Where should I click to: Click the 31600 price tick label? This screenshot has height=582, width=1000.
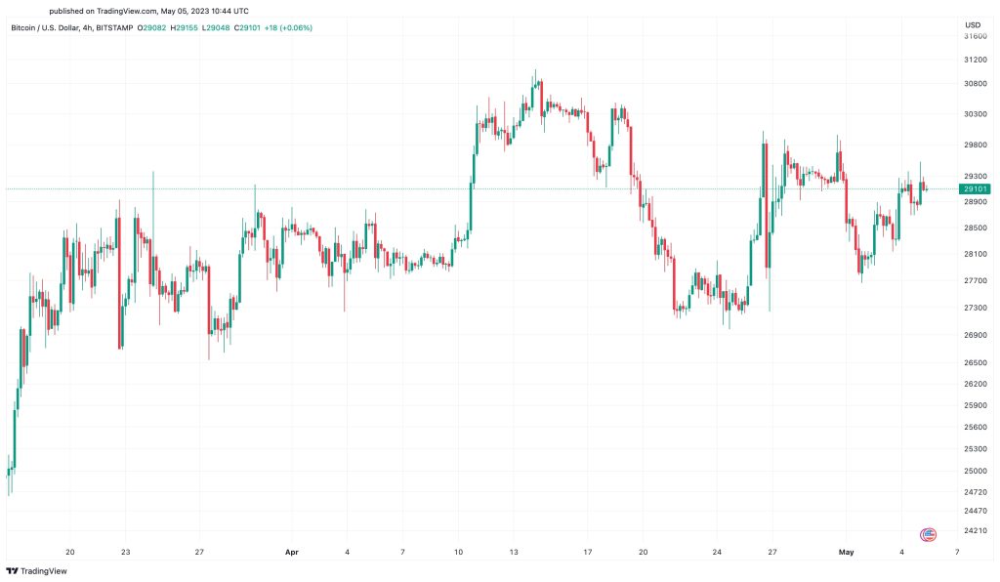pos(974,36)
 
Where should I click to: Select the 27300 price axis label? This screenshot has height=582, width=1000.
pos(974,308)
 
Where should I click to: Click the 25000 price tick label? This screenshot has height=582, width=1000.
pos(974,471)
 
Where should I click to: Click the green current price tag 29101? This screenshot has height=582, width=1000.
pos(976,188)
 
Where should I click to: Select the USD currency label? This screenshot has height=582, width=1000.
pos(973,24)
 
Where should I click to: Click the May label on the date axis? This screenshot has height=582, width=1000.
pos(847,552)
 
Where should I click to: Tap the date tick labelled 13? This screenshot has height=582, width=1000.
pos(514,552)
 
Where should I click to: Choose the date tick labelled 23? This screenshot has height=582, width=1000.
pos(126,552)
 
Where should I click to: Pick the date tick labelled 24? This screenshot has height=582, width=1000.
pos(717,552)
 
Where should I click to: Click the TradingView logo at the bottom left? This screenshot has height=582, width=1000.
pos(29,570)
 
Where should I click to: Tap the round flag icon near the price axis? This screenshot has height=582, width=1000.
pos(929,534)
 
